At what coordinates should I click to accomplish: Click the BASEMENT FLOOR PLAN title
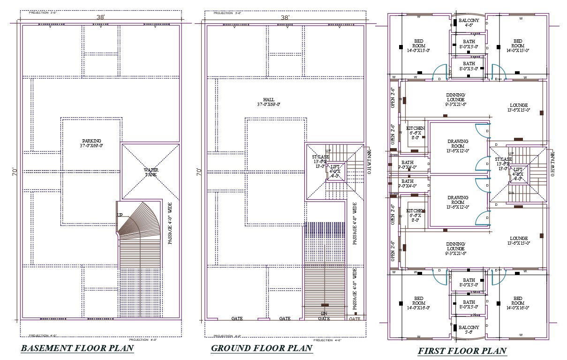[77, 348]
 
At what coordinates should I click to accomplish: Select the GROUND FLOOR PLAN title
[262, 348]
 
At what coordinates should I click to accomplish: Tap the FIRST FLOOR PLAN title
[462, 351]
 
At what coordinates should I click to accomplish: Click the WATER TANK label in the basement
[151, 172]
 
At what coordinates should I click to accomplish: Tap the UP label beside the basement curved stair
[120, 215]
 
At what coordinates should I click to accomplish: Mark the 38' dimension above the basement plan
[100, 17]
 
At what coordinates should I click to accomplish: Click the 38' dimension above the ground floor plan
[285, 17]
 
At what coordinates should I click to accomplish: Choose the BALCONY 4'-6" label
[469, 23]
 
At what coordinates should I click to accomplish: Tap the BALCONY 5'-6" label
[469, 330]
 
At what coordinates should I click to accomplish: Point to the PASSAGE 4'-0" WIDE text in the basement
[170, 224]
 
